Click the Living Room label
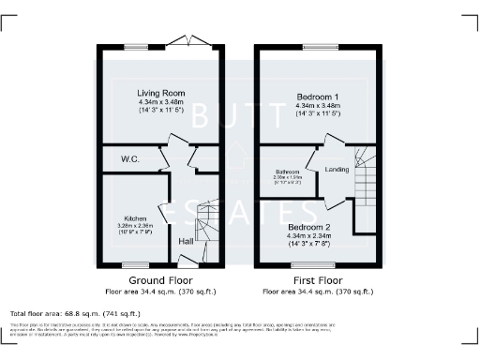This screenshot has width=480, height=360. point(160,94)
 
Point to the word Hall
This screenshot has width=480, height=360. point(187,241)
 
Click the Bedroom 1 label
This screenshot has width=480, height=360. point(319,97)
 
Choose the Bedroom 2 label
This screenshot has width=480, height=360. point(309,228)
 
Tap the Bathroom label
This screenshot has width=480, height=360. point(287,172)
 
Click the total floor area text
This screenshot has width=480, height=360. point(75,313)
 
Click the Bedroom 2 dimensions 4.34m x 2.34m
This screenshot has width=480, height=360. point(309,236)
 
